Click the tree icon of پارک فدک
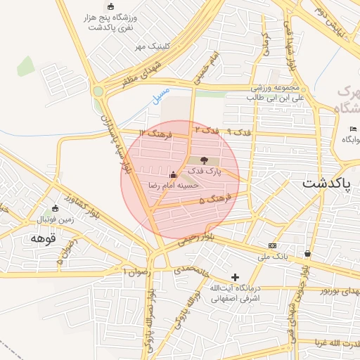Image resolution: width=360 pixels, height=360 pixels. (204, 161)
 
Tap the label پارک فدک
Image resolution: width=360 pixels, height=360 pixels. (204, 172)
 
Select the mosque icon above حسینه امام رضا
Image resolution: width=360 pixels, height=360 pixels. (173, 174)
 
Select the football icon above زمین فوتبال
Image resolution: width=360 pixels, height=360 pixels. (56, 209)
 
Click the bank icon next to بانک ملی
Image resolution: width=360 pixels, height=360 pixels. (272, 245)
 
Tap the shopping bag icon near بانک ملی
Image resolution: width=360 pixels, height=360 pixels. (308, 253)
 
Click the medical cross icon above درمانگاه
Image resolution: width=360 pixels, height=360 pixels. (235, 277)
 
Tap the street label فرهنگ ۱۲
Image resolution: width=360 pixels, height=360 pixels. (152, 133)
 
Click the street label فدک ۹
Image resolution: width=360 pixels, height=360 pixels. (239, 131)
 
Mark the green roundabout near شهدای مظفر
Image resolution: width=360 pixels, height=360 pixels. (98, 91)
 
